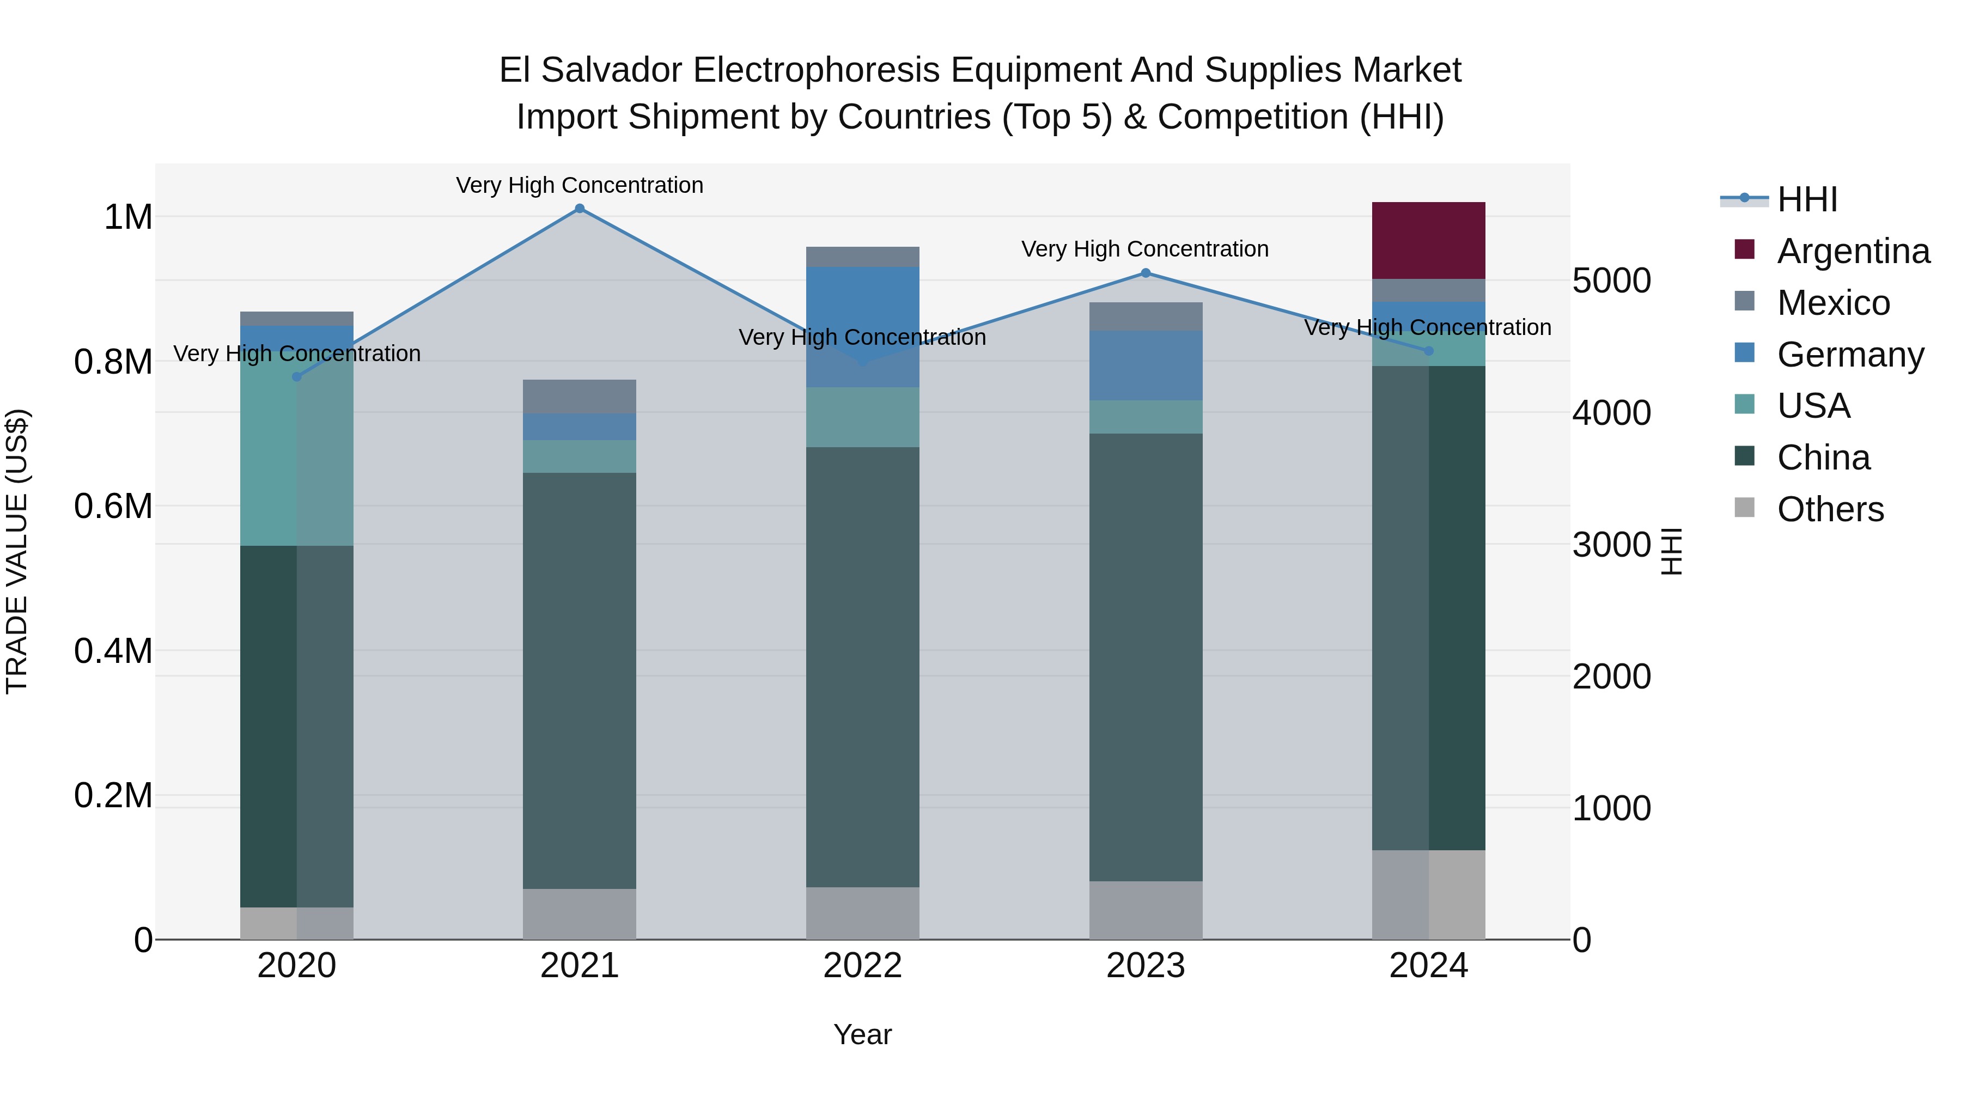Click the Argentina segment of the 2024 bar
[1428, 241]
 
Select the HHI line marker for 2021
[580, 209]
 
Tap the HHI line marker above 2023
[1145, 272]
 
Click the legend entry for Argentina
[1853, 251]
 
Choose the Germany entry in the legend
[1850, 355]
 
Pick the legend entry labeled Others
[1830, 509]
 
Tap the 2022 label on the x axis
[862, 966]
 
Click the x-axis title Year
[862, 1034]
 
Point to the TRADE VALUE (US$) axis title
[17, 551]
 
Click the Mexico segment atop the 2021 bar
[580, 397]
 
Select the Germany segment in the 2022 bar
[862, 327]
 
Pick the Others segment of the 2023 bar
[1145, 910]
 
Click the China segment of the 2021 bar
[580, 680]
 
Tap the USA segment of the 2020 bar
[297, 457]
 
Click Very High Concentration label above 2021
[580, 185]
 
